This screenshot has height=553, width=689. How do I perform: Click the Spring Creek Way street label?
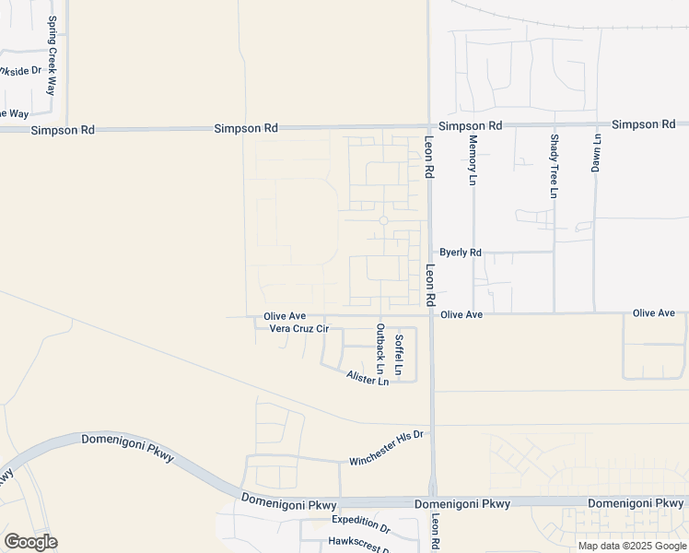click(53, 55)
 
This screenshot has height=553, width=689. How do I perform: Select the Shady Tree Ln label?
click(554, 166)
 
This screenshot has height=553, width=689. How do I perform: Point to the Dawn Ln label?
click(596, 153)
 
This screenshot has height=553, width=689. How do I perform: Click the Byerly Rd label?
click(461, 252)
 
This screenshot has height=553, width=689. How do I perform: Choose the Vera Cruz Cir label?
click(298, 329)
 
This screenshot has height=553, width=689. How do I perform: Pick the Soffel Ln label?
click(399, 354)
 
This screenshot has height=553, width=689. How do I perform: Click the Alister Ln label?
click(368, 378)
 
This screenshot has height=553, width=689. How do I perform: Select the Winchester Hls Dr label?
click(385, 448)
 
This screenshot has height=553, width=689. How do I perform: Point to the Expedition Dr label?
click(361, 521)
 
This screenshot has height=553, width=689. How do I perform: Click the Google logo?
click(30, 542)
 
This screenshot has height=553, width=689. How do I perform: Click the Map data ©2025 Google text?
click(633, 546)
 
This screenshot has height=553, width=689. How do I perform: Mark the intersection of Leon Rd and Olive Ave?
click(430, 314)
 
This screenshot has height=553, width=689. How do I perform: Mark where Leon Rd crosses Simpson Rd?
click(428, 126)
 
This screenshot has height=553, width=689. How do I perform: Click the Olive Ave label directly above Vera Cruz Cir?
click(285, 316)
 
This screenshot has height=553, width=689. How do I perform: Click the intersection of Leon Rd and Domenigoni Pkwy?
click(432, 502)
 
